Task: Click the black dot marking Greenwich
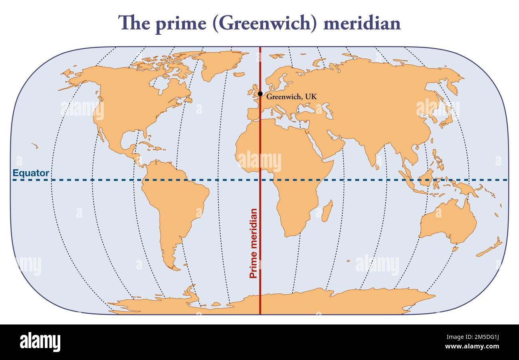coord(260,94)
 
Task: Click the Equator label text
coord(31,173)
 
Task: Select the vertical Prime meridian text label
coord(253,243)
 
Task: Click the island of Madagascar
coord(327,211)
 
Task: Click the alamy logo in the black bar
coord(40,342)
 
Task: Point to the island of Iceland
coord(239,74)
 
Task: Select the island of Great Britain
coord(254,91)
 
